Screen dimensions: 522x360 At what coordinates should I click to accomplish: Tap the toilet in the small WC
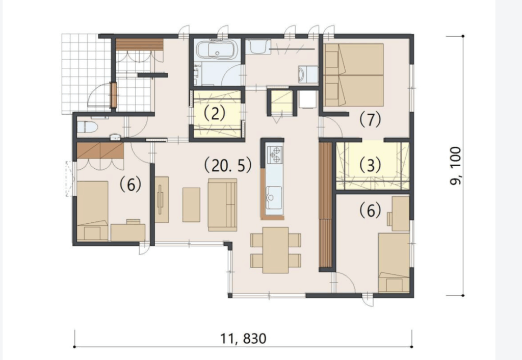[x=87, y=127]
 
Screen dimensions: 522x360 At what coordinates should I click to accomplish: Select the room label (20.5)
[x=227, y=166]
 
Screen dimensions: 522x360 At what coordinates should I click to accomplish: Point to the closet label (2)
[x=215, y=113]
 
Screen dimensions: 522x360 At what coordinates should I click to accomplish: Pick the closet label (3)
[x=370, y=165]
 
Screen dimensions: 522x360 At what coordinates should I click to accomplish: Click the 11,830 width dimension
[x=243, y=339]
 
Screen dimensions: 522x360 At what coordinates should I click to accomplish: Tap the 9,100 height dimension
[x=455, y=166]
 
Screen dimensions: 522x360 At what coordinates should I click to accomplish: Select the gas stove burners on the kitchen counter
[x=275, y=155]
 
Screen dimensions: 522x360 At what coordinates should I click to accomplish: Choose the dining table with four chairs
[x=275, y=250]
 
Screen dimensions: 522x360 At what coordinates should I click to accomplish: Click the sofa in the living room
[x=222, y=205]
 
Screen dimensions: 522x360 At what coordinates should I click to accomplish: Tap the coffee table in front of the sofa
[x=191, y=205]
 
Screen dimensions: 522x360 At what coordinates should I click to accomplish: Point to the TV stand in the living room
[x=162, y=199]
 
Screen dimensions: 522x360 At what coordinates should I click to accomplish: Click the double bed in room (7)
[x=354, y=75]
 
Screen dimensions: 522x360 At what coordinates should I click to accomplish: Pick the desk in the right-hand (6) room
[x=398, y=214]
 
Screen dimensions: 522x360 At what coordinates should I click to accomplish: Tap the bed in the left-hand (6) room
[x=93, y=211]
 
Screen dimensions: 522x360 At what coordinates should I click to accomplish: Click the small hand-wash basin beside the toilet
[x=115, y=137]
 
